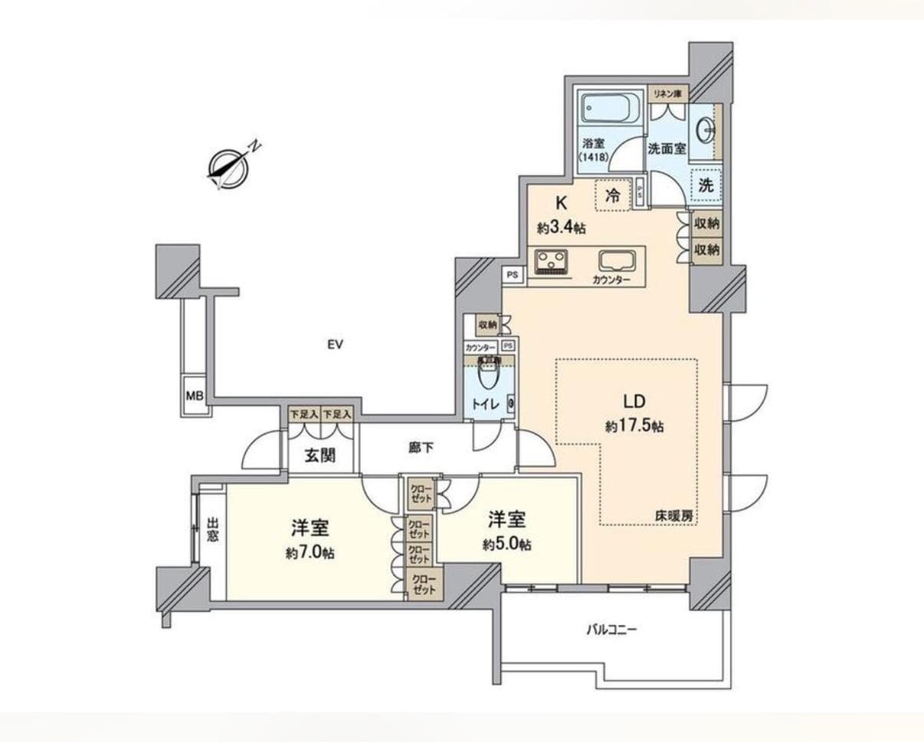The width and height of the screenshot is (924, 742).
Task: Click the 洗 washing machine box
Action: pos(706,185)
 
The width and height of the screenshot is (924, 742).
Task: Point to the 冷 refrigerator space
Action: pos(613,194)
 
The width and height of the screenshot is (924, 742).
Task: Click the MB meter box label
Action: pos(195,396)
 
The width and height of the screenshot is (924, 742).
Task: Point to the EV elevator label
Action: pos(334,345)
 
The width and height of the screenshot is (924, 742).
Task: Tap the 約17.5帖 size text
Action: pos(634,427)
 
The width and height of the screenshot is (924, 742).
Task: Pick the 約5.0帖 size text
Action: pos(506,544)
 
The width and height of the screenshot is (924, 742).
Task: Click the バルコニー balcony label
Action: pos(611,630)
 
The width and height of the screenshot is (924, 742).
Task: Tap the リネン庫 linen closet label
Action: pos(668,93)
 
